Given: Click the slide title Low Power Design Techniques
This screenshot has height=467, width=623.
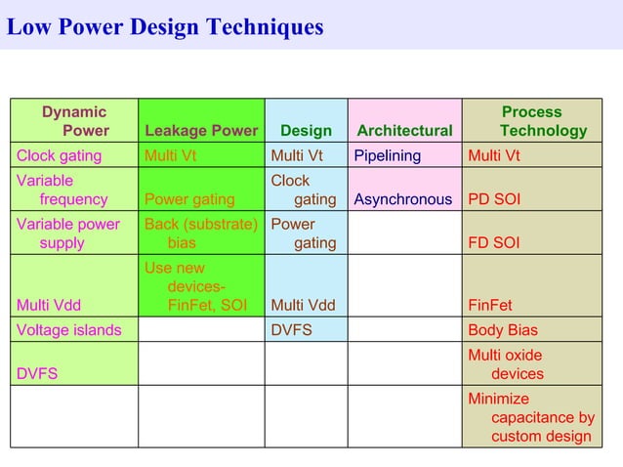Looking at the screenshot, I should pos(165,27).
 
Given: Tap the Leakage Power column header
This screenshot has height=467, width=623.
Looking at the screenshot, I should pos(201,131).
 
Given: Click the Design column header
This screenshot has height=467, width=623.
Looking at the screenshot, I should pos(306,131).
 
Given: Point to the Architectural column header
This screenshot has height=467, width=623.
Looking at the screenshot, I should pos(404,131).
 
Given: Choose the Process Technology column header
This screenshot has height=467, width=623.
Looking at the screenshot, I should pos(543,121).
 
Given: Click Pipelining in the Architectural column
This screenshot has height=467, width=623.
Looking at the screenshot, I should pos(388,155).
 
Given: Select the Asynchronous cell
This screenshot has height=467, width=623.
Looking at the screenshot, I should pos(403,199).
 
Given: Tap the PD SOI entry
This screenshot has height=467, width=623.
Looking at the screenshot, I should pos(494,199).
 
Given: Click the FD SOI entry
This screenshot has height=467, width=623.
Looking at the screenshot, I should pos(494,242).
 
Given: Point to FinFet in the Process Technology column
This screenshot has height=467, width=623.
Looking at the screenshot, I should pos(490,305).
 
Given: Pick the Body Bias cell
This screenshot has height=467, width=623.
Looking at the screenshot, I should pos(503,330).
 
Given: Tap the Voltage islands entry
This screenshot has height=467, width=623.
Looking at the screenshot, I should pos(69,330).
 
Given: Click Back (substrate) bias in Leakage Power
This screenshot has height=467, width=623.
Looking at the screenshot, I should pos(200,233).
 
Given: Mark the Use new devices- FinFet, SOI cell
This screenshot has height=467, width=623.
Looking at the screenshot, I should pos(196,286).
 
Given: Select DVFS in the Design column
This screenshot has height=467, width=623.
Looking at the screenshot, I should pos(291,330).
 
